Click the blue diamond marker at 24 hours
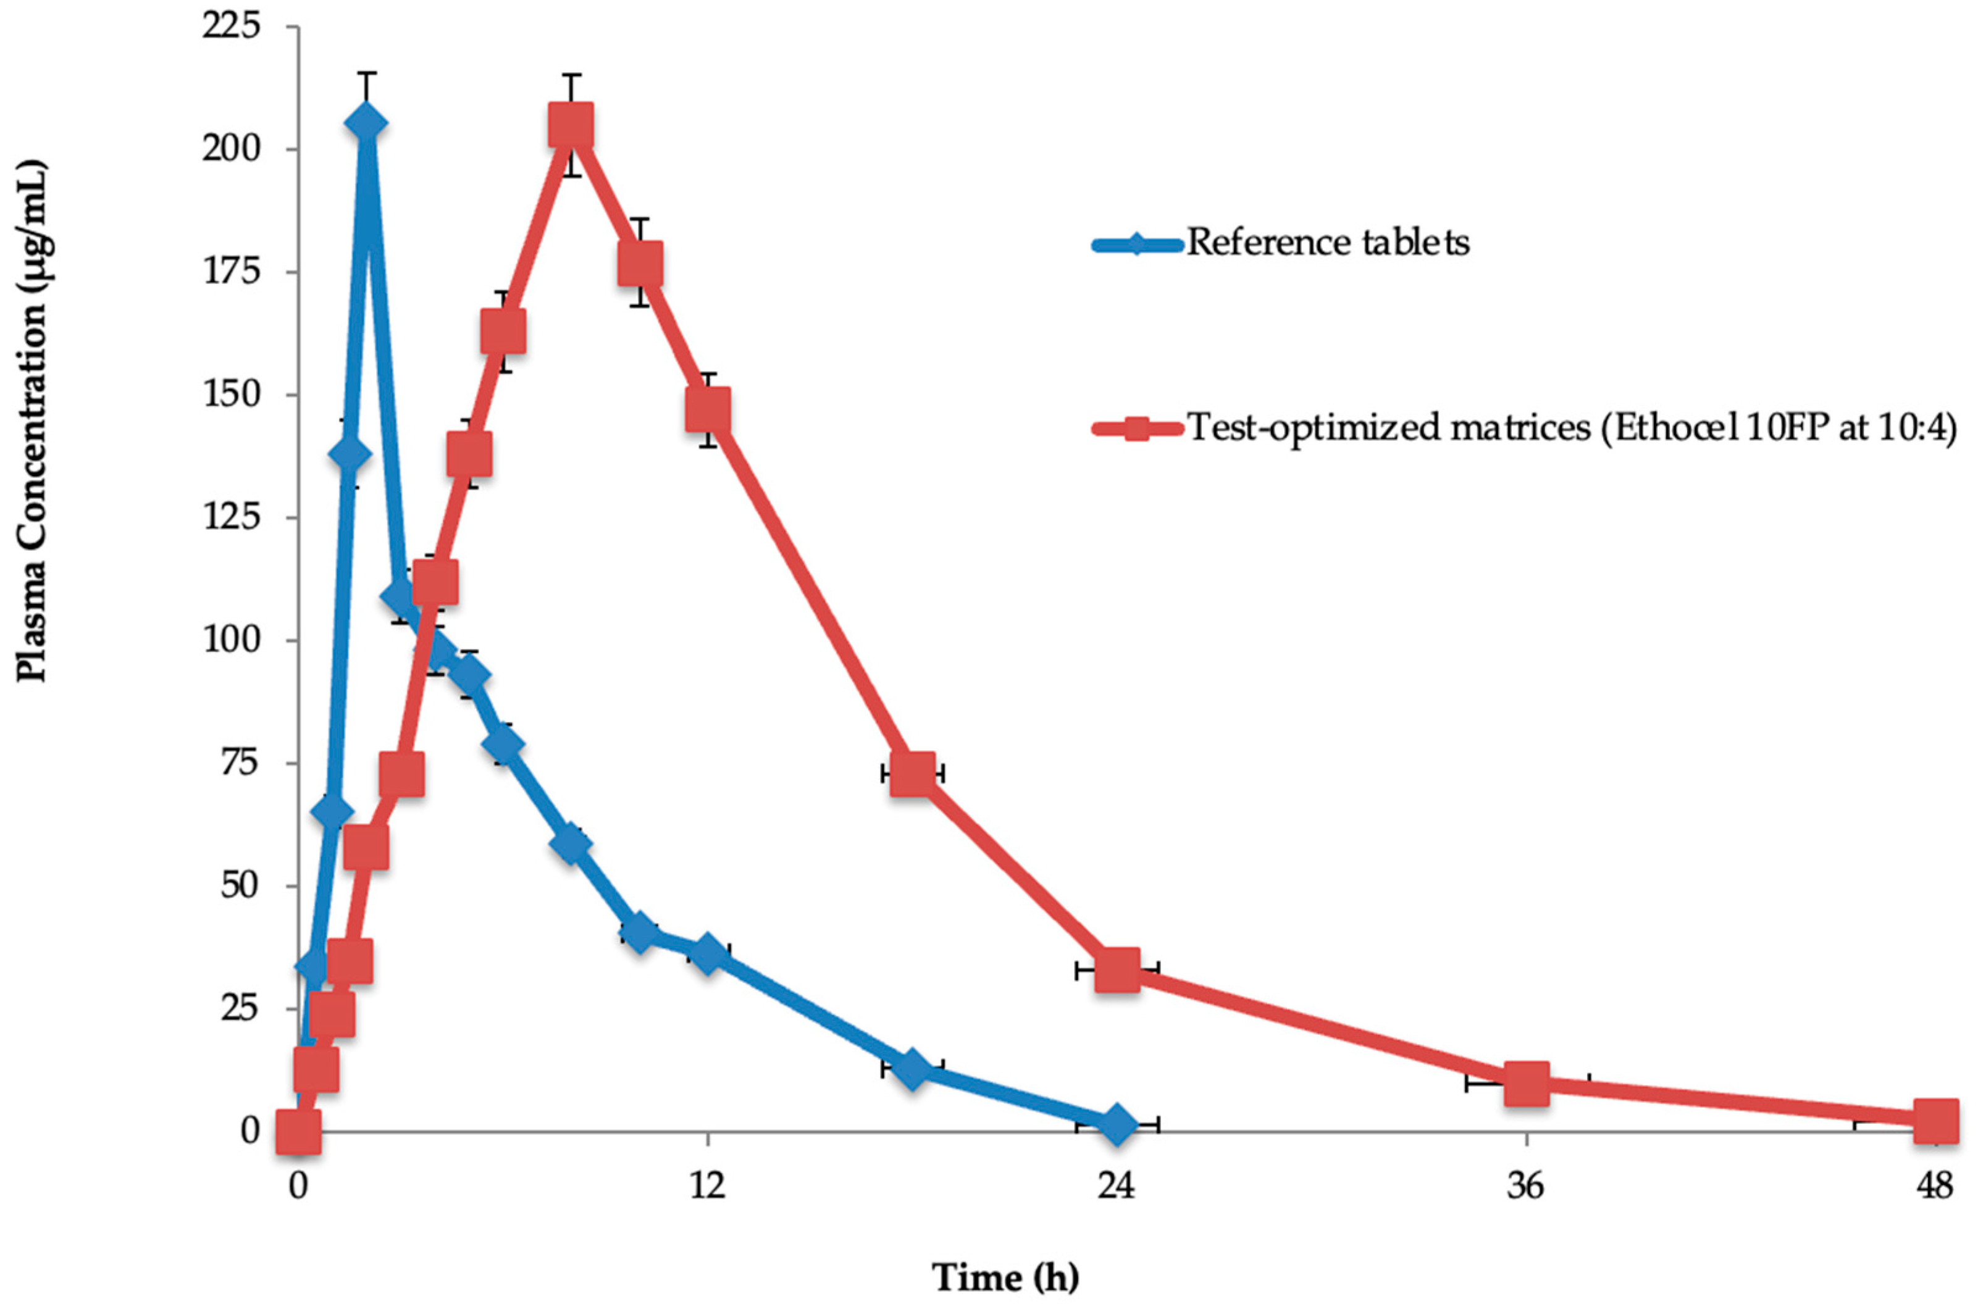[1117, 1124]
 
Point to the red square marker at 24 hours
[1117, 970]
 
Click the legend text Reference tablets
[1328, 243]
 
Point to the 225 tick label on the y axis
[232, 27]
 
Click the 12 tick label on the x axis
[707, 1186]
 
